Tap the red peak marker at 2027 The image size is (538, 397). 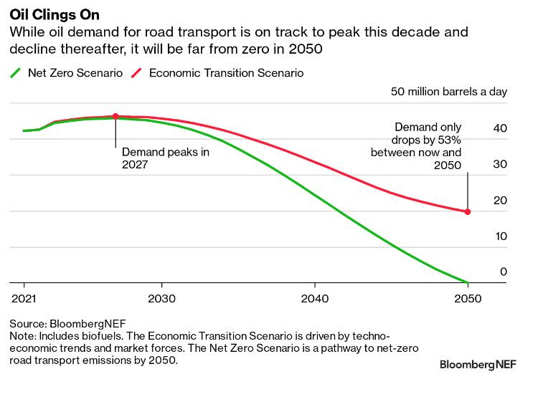pyautogui.click(x=115, y=116)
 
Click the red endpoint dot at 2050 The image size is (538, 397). pyautogui.click(x=468, y=211)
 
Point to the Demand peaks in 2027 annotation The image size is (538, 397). pyautogui.click(x=165, y=158)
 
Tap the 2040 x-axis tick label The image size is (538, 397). pyautogui.click(x=314, y=298)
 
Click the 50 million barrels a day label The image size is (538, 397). pyautogui.click(x=458, y=92)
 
